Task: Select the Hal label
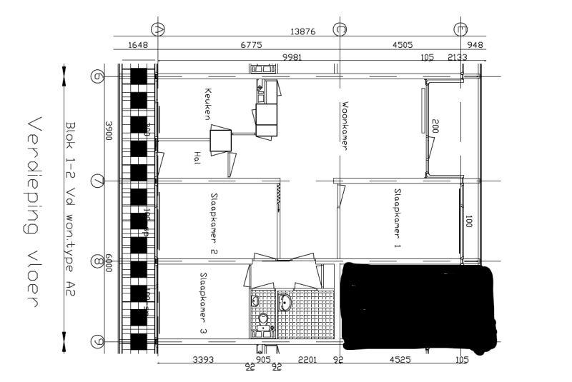[x=197, y=158]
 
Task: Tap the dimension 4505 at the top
[x=403, y=45]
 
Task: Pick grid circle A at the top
[x=159, y=29]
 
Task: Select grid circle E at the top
[x=461, y=29]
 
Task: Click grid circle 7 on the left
[x=98, y=181]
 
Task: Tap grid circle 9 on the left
[x=98, y=341]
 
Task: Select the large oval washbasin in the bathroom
[x=285, y=302]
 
